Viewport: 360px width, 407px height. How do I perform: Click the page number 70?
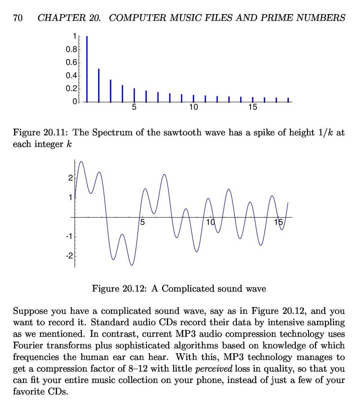coord(18,18)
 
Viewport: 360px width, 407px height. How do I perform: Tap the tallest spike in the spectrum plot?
coord(87,69)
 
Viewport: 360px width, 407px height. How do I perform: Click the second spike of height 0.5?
coord(99,86)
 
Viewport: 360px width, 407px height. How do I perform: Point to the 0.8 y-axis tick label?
coord(71,49)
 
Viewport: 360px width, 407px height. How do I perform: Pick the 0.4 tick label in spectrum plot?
coord(71,75)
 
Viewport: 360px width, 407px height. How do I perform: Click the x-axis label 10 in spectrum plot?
coord(193,107)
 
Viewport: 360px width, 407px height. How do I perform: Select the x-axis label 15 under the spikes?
coord(253,107)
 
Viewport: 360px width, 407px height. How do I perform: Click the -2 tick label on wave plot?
coord(69,256)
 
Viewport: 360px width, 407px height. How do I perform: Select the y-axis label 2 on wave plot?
coord(70,178)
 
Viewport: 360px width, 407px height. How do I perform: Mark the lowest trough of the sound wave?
coord(132,265)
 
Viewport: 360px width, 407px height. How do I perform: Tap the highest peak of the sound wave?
coord(81,162)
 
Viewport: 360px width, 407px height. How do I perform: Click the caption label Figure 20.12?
coord(119,289)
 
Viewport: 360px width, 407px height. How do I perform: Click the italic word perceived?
coord(214,369)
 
